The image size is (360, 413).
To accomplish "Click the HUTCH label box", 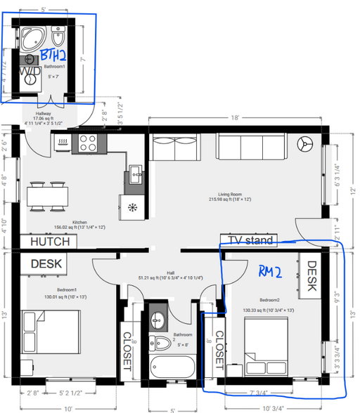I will pyautogui.click(x=50, y=242).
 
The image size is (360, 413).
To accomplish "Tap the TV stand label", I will pyautogui.click(x=247, y=240).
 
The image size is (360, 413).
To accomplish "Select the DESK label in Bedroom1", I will pyautogui.click(x=46, y=264).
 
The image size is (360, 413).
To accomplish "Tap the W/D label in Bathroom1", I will pyautogui.click(x=29, y=72).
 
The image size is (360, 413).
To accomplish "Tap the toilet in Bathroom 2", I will pyautogui.click(x=163, y=343).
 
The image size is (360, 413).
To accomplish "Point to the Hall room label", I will pyautogui.click(x=170, y=273).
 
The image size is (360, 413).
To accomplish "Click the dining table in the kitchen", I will pyautogui.click(x=48, y=194).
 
